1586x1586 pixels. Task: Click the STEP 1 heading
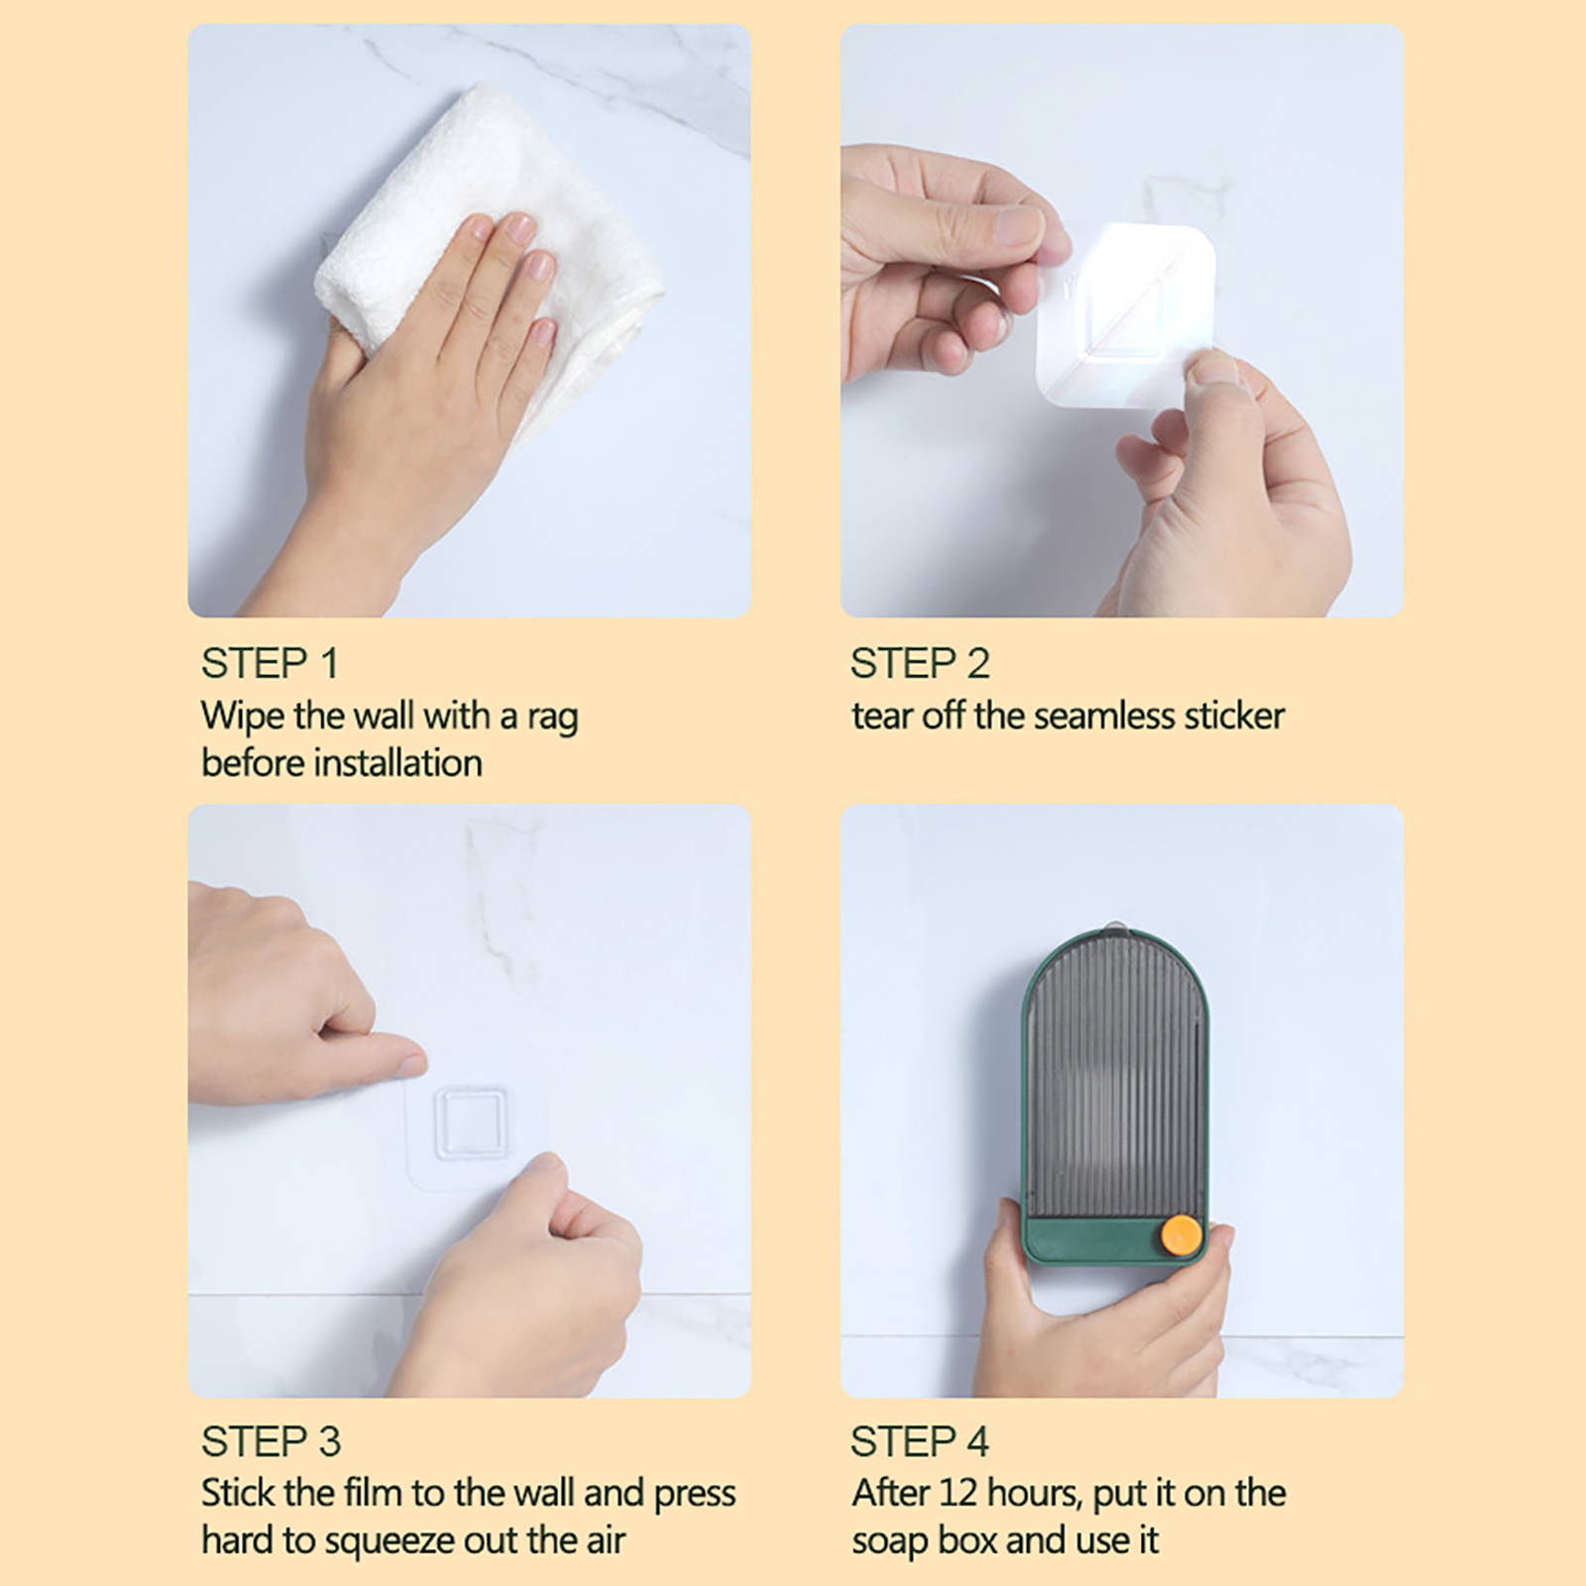point(270,663)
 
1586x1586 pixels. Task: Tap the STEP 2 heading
point(920,663)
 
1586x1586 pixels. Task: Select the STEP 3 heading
point(271,1441)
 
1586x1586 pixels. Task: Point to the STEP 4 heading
point(920,1441)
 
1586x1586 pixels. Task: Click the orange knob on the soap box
point(1181,1236)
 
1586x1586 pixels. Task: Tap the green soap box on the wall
point(1115,1097)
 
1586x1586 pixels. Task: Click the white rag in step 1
point(486,248)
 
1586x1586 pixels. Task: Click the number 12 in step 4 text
point(958,1494)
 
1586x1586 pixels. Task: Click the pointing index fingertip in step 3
point(413,1065)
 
